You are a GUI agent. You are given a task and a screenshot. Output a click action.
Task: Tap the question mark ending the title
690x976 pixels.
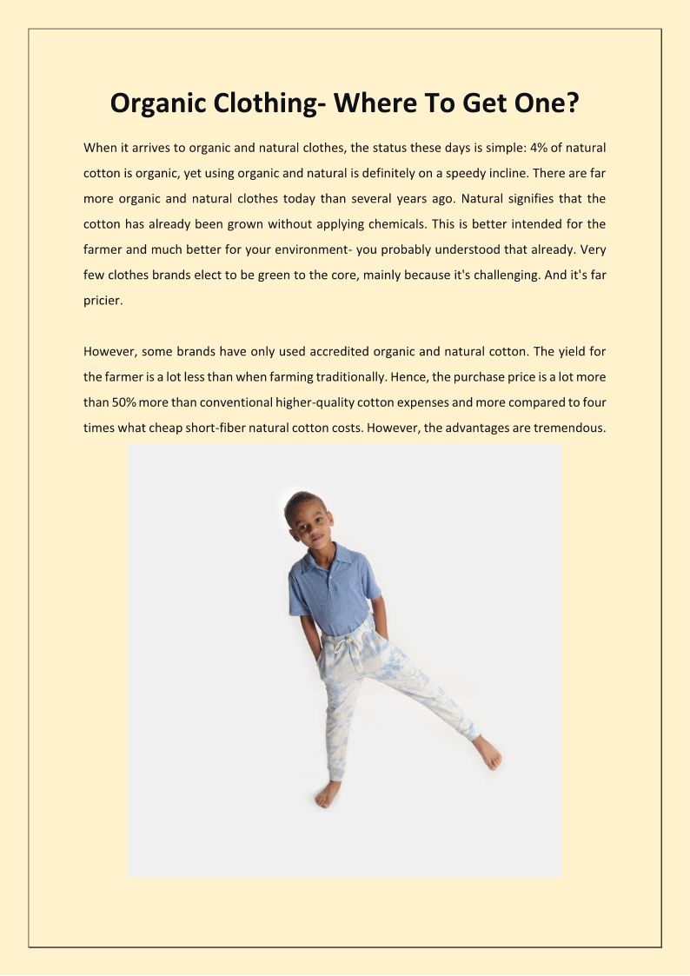pyautogui.click(x=574, y=103)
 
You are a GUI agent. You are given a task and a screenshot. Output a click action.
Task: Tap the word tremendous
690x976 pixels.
pyautogui.click(x=567, y=428)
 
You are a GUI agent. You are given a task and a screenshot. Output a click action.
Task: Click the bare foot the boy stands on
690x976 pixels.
pyautogui.click(x=329, y=793)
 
